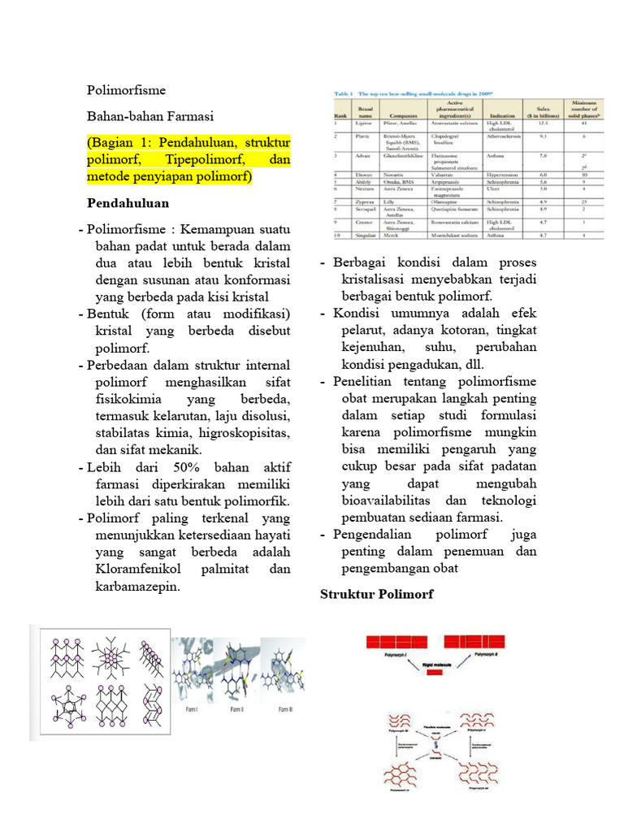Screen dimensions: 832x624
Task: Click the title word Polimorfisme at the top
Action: [x=125, y=89]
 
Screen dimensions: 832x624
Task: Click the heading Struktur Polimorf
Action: [x=377, y=594]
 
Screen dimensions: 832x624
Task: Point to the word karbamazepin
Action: [x=136, y=587]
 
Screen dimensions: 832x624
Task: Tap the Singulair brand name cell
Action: [x=365, y=234]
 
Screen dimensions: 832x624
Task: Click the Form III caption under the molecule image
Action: [x=286, y=708]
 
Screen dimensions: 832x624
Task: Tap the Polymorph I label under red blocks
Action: [x=384, y=654]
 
